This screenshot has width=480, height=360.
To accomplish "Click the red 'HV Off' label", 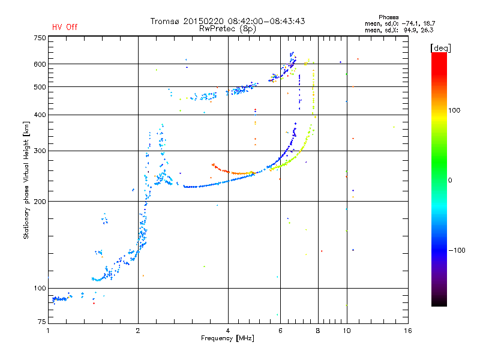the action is (x=65, y=27).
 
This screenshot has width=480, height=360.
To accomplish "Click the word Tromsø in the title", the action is (x=165, y=21).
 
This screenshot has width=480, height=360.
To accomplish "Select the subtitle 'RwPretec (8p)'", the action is (x=228, y=29).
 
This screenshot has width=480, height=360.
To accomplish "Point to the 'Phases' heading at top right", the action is (x=388, y=17).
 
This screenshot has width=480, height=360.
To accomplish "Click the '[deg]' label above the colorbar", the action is (x=440, y=48).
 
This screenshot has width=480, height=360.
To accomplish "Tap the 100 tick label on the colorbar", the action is (x=454, y=110).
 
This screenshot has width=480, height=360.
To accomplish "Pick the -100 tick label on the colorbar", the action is (x=457, y=250).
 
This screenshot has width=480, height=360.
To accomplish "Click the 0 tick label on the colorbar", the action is (x=450, y=181).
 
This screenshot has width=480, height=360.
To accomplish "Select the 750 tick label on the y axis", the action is (x=40, y=38).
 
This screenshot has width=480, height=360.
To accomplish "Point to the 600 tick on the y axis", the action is (x=40, y=64).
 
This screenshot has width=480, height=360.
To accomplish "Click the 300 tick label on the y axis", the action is (x=40, y=151).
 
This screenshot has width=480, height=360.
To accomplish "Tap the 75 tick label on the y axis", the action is (x=42, y=322).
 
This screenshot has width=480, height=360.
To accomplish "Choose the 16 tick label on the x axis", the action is (x=408, y=331).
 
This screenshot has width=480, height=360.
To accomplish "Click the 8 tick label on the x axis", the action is (x=318, y=331).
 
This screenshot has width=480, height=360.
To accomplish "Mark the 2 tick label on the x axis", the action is (x=138, y=331).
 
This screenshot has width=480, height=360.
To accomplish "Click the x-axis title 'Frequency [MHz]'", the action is (x=227, y=338).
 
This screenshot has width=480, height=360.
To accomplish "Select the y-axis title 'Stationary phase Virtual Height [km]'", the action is (x=26, y=180).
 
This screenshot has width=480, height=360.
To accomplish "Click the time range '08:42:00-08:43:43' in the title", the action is (x=266, y=21).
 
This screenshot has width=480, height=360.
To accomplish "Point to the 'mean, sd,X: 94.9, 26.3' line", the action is (x=399, y=30).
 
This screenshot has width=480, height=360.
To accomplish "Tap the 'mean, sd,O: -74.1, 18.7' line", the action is (x=400, y=23).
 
